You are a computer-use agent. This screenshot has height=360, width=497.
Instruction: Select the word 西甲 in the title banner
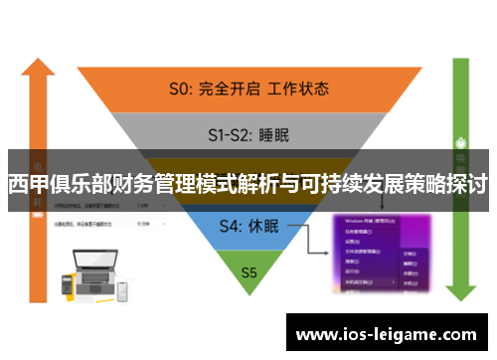[x=28, y=184]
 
